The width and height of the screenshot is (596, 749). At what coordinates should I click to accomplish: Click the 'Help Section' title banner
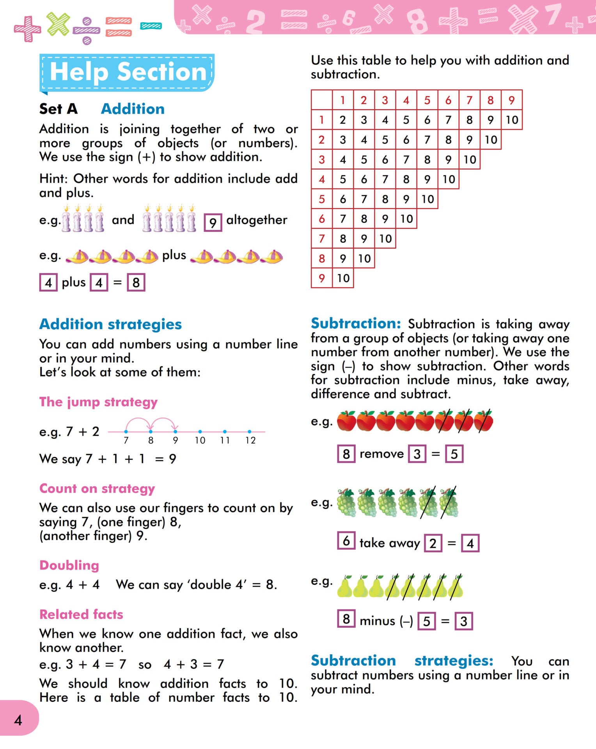coord(128,73)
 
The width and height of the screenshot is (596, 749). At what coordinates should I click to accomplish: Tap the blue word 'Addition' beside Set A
coord(133,109)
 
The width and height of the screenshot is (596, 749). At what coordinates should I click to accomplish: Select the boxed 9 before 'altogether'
coord(213,222)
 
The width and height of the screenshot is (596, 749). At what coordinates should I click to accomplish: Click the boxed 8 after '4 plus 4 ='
coord(136,282)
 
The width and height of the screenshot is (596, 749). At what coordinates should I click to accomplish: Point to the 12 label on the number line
coord(250,440)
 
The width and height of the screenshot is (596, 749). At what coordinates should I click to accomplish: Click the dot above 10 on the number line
coord(200,431)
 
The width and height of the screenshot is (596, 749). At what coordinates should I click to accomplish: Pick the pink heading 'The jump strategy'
coord(98,402)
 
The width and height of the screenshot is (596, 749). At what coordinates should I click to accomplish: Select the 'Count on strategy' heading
coord(97,488)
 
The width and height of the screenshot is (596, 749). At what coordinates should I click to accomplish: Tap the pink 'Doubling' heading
coord(69,565)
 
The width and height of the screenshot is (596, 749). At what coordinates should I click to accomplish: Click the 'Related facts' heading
coord(81,614)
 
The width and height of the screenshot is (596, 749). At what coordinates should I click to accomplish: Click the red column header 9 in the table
coord(511,100)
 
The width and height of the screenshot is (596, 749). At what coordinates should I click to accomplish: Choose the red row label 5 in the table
coord(321,199)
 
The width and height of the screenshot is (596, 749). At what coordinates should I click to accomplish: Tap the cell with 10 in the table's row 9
coord(343,278)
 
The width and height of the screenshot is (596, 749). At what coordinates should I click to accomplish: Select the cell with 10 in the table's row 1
coord(511,120)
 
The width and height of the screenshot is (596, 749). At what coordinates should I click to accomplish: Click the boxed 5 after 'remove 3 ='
coord(454,454)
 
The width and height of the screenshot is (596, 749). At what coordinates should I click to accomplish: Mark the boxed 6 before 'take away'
coord(346,541)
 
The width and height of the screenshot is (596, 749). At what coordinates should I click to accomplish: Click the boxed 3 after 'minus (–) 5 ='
coord(463,621)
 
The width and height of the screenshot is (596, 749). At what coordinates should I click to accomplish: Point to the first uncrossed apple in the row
coord(346,421)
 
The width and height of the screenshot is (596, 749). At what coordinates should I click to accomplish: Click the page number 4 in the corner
coord(18,720)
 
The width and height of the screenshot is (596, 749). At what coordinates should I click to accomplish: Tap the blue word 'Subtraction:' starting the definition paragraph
coord(356,323)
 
